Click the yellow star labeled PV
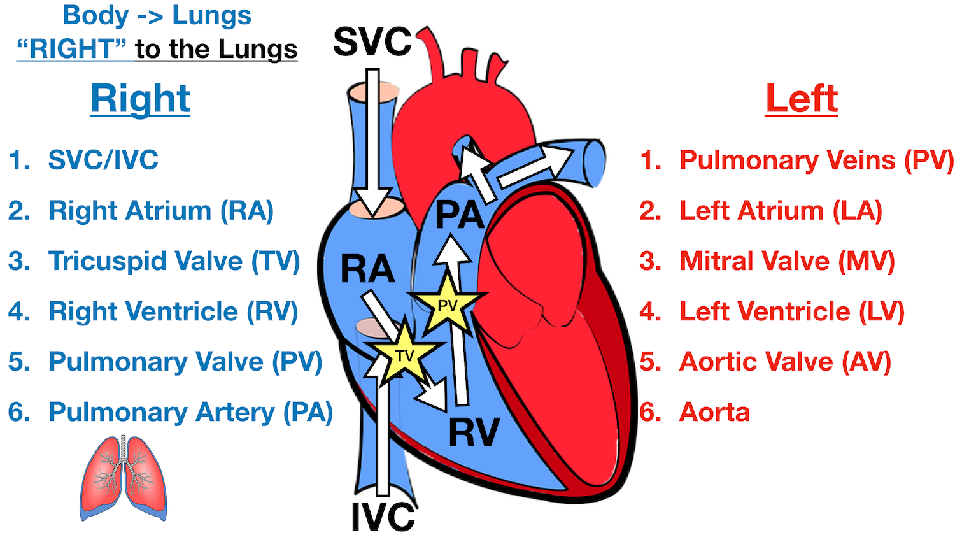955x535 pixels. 448,306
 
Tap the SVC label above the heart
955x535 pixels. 372,42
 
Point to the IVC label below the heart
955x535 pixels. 383,516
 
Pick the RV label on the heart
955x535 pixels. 474,432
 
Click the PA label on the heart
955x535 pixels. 460,215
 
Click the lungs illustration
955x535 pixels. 124,478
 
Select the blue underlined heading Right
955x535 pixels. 140,99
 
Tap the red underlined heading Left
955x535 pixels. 801,99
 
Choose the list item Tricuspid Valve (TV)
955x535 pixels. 174,261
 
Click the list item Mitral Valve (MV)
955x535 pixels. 787,261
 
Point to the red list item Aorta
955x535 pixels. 714,412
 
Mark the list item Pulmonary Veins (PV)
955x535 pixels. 816,160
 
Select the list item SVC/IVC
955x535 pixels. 103,160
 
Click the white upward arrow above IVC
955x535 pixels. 382,433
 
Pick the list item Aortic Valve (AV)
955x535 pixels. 785,362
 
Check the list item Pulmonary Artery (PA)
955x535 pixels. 190,412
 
